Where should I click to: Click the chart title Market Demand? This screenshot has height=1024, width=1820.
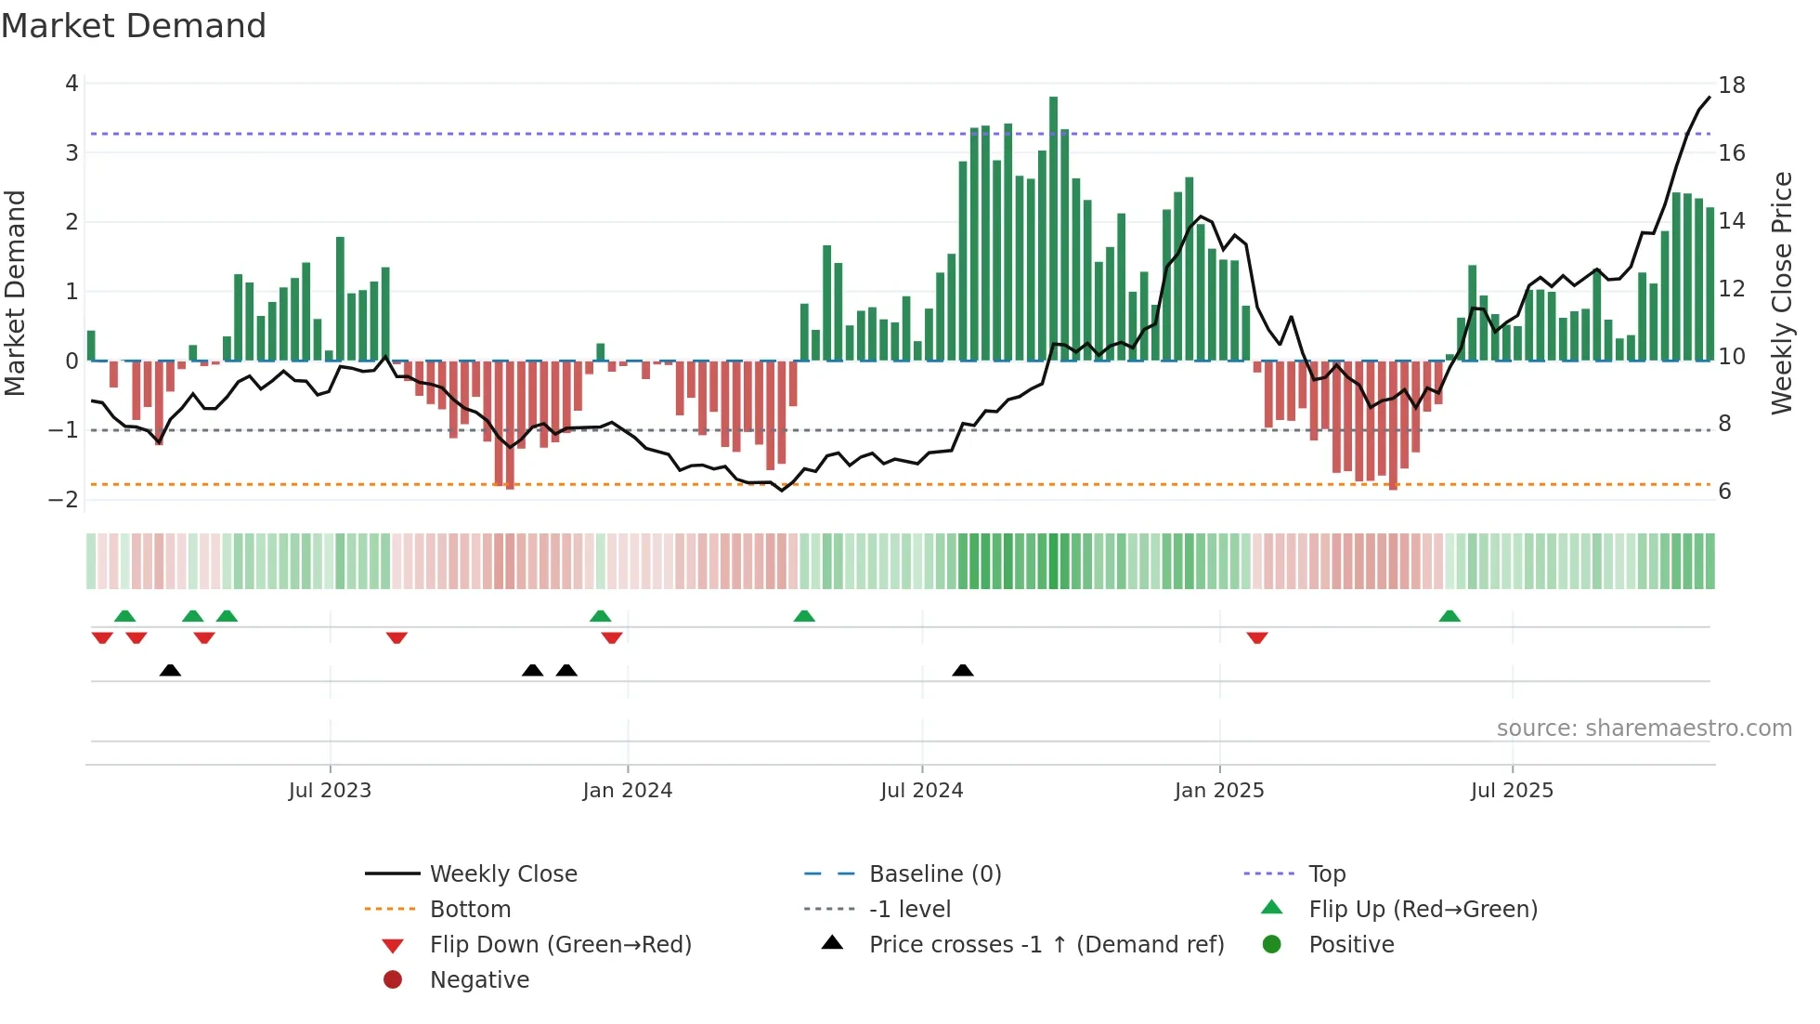(x=134, y=26)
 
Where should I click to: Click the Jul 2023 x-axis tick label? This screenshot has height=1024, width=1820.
(x=330, y=791)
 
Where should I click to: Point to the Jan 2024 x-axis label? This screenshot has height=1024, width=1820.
(x=627, y=791)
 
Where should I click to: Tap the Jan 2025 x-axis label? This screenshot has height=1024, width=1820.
(x=1218, y=791)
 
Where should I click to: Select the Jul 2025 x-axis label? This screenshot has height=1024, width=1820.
(x=1512, y=791)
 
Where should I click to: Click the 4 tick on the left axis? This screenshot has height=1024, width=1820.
(x=71, y=84)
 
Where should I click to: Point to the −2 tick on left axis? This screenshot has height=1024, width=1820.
(x=64, y=499)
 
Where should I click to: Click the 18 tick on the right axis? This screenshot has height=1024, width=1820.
(x=1731, y=85)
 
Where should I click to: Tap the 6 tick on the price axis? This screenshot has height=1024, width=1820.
(x=1724, y=492)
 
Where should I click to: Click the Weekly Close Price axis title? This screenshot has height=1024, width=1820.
(x=1781, y=293)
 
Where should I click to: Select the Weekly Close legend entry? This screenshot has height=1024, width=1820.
(x=502, y=874)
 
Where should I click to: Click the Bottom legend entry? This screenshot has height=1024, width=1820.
(x=470, y=910)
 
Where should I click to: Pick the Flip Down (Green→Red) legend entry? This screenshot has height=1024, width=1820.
(x=560, y=945)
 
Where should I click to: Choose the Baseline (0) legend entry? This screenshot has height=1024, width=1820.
(x=934, y=874)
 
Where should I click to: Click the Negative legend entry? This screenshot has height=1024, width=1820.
(x=479, y=980)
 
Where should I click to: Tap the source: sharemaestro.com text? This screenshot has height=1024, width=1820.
(x=1644, y=729)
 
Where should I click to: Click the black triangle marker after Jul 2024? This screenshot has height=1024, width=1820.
(x=963, y=670)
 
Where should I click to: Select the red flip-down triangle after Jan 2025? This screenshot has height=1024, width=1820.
(x=1257, y=638)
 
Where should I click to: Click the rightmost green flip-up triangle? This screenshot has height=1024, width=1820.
(x=1449, y=616)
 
